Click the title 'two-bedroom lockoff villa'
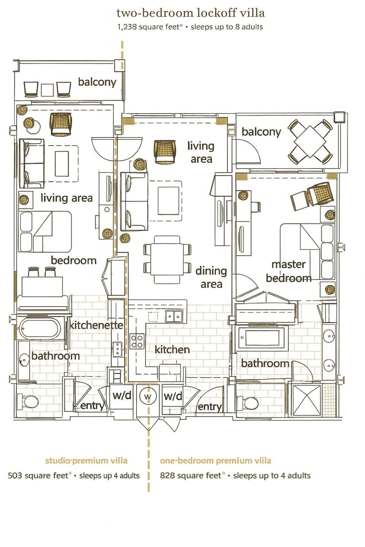(x=190, y=13)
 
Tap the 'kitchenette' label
(x=96, y=325)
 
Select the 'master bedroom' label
(x=289, y=271)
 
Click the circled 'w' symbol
(x=148, y=397)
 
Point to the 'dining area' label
(x=211, y=277)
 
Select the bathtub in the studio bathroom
(x=40, y=329)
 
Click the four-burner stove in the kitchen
(x=137, y=341)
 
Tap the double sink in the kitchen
(x=174, y=316)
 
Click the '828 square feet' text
(x=190, y=476)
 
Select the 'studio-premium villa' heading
(x=86, y=461)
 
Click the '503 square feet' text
(x=38, y=476)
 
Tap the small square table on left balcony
(x=48, y=90)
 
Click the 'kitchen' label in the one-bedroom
(x=172, y=349)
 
